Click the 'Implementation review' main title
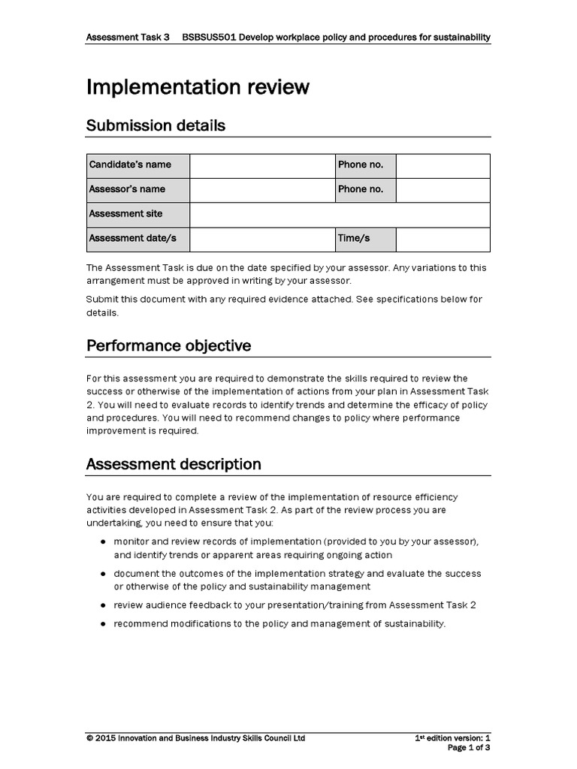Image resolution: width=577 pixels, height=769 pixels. point(198,87)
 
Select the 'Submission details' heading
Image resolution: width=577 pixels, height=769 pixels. point(156,125)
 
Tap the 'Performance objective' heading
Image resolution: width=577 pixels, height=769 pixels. point(168,345)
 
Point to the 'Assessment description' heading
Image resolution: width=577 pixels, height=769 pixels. point(174,464)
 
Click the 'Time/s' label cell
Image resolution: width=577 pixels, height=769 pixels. point(365,238)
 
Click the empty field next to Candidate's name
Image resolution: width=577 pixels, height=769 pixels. point(261,165)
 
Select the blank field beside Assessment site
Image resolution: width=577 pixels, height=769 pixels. point(340,214)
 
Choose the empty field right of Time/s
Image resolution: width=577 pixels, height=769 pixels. point(443,238)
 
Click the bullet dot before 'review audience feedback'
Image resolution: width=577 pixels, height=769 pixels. point(102,605)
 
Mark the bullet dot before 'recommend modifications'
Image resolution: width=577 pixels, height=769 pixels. point(102,624)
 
